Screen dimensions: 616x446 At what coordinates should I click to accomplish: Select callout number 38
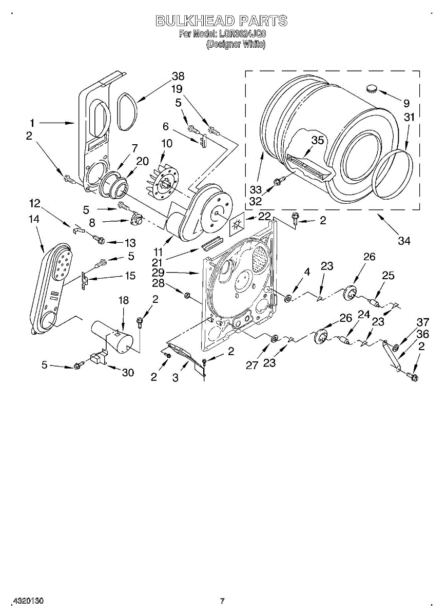[178, 76]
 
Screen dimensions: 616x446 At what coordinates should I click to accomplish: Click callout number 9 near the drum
[407, 102]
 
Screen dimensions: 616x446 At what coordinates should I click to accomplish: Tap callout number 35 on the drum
[318, 140]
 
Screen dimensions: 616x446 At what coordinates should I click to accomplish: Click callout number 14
[34, 219]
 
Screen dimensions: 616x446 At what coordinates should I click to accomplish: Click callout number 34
[404, 240]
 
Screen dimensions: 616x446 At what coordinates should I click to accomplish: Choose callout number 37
[422, 322]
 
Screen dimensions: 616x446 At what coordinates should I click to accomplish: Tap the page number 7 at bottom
[222, 601]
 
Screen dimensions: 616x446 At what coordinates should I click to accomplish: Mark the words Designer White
[236, 45]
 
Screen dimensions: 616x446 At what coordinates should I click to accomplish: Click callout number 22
[264, 217]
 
